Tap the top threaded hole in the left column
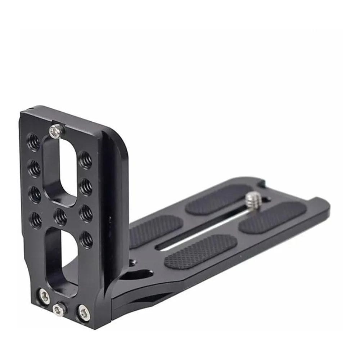(33, 141)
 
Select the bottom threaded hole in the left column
(35, 219)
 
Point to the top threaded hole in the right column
(85, 159)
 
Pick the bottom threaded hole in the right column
(86, 239)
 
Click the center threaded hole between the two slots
(60, 217)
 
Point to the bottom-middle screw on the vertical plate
(58, 309)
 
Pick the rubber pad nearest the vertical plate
(155, 230)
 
